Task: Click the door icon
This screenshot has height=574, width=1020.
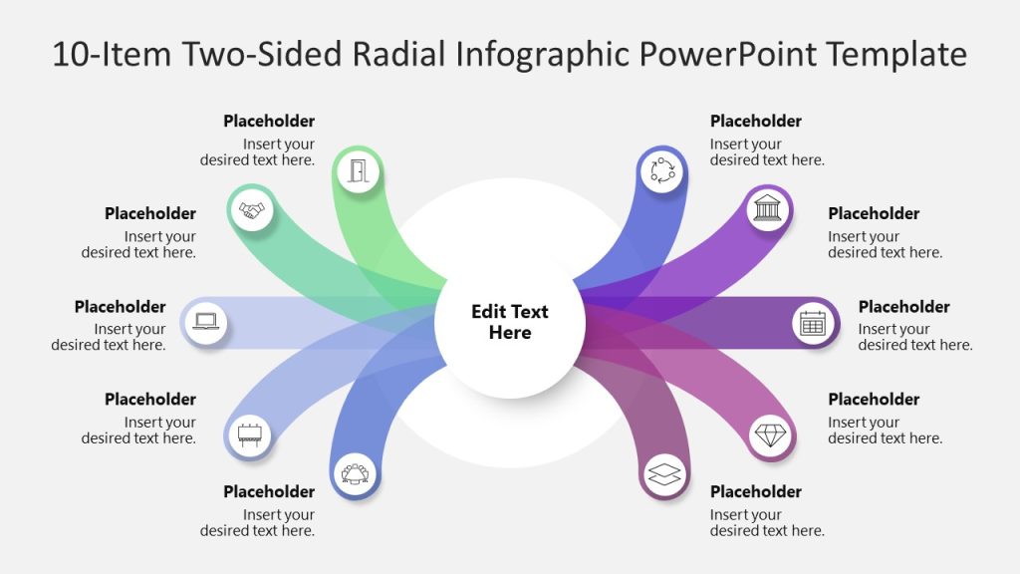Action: pos(359,170)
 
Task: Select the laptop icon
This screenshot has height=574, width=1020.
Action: pos(206,322)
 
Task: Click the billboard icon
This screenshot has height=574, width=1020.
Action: pos(249,434)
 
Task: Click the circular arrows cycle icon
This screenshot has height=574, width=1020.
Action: pos(662,170)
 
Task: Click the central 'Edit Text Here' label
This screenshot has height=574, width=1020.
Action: pos(510,322)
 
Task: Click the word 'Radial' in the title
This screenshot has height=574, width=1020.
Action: pos(404,54)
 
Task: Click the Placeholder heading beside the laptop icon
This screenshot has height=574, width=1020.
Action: pos(120,307)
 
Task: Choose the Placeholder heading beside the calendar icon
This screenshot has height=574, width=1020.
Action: pos(903,307)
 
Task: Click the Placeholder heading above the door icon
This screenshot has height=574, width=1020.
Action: pos(269,122)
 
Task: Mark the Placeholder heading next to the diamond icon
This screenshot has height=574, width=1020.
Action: pos(874,400)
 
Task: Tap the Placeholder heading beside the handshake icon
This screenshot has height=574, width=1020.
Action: pos(150,214)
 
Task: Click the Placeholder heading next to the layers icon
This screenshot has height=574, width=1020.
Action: pos(755,492)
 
